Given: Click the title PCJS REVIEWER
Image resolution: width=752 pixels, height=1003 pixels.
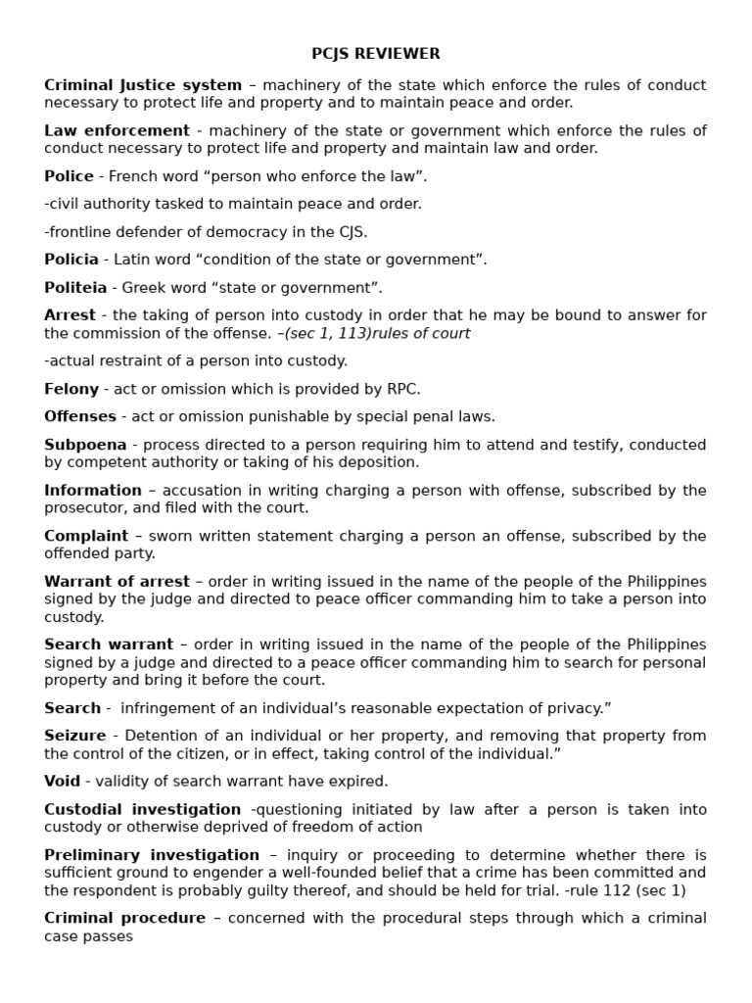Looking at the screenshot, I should pyautogui.click(x=376, y=54).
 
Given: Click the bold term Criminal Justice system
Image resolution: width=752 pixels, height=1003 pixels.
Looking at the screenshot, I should pyautogui.click(x=143, y=85).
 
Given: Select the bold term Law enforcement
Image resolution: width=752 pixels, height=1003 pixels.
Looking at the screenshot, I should pyautogui.click(x=117, y=130).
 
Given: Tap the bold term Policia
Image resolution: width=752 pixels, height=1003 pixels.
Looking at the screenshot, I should pyautogui.click(x=71, y=260).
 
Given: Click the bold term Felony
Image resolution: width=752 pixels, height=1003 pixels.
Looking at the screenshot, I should pyautogui.click(x=71, y=389).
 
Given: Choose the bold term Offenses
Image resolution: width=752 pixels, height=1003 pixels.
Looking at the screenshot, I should pyautogui.click(x=80, y=416).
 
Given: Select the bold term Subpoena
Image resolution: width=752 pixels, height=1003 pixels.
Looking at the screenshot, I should pyautogui.click(x=85, y=445).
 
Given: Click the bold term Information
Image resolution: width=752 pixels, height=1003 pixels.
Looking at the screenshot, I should pyautogui.click(x=93, y=490).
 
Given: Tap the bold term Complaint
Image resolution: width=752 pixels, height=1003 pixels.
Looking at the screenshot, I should pyautogui.click(x=86, y=536).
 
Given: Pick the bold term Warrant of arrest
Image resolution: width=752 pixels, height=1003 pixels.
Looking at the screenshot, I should pyautogui.click(x=117, y=582).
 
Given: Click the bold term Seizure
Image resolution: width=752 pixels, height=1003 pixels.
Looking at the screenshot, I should pyautogui.click(x=74, y=736).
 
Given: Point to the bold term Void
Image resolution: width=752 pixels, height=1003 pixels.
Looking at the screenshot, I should pyautogui.click(x=62, y=781).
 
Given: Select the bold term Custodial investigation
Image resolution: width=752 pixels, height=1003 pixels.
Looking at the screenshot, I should pyautogui.click(x=142, y=809).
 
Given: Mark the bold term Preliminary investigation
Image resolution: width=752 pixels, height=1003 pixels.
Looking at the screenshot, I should pyautogui.click(x=152, y=855).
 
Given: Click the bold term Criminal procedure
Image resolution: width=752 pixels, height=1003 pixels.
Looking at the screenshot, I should pyautogui.click(x=124, y=918).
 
